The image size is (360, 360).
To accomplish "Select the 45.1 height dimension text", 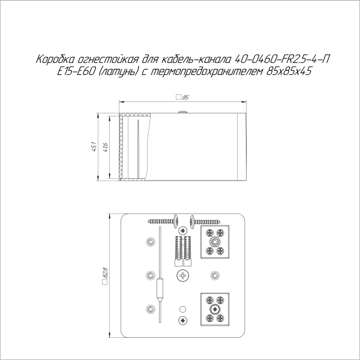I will tap(94, 146).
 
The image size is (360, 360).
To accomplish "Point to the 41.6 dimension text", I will tap(106, 146).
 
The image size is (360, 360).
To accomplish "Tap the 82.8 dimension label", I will tap(106, 275).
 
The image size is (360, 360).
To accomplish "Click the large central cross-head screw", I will tap(182, 275).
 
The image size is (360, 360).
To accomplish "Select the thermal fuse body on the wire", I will tap(160, 287).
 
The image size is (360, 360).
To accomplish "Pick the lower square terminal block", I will tap(215, 309).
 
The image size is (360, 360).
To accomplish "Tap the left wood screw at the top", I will tap(160, 221).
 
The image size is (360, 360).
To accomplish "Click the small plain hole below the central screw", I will tap(182, 309).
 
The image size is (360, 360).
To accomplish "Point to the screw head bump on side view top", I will tap(181, 111).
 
